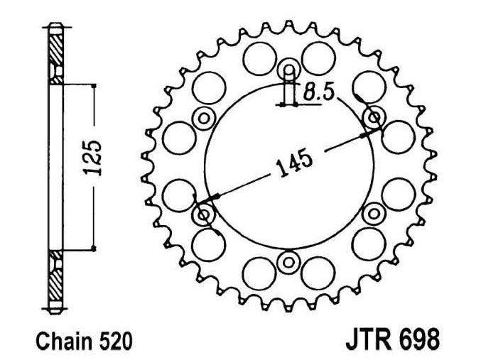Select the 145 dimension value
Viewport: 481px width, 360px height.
292,165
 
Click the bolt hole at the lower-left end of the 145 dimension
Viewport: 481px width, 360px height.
205,214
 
